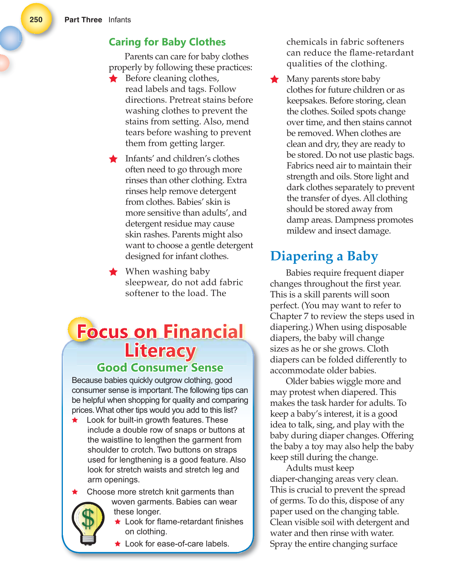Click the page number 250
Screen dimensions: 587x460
pos(36,20)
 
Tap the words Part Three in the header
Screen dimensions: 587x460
pos(83,20)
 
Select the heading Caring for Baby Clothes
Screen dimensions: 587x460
pos(167,42)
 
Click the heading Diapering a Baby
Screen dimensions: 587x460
pos(324,256)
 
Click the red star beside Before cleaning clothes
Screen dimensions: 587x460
pos(113,79)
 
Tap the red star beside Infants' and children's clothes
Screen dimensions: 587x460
pos(113,159)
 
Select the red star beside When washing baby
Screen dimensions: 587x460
pos(113,272)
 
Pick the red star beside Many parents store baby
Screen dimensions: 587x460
pos(275,79)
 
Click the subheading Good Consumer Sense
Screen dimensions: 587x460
pos(160,367)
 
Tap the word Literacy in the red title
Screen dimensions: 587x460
pos(160,351)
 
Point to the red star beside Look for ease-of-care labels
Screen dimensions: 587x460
pos(118,544)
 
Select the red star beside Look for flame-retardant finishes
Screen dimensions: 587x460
pos(118,522)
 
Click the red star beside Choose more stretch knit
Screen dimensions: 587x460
pos(75,492)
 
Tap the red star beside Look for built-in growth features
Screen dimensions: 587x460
pos(75,420)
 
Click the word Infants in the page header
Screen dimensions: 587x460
pos(119,20)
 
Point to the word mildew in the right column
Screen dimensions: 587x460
pos(301,231)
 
